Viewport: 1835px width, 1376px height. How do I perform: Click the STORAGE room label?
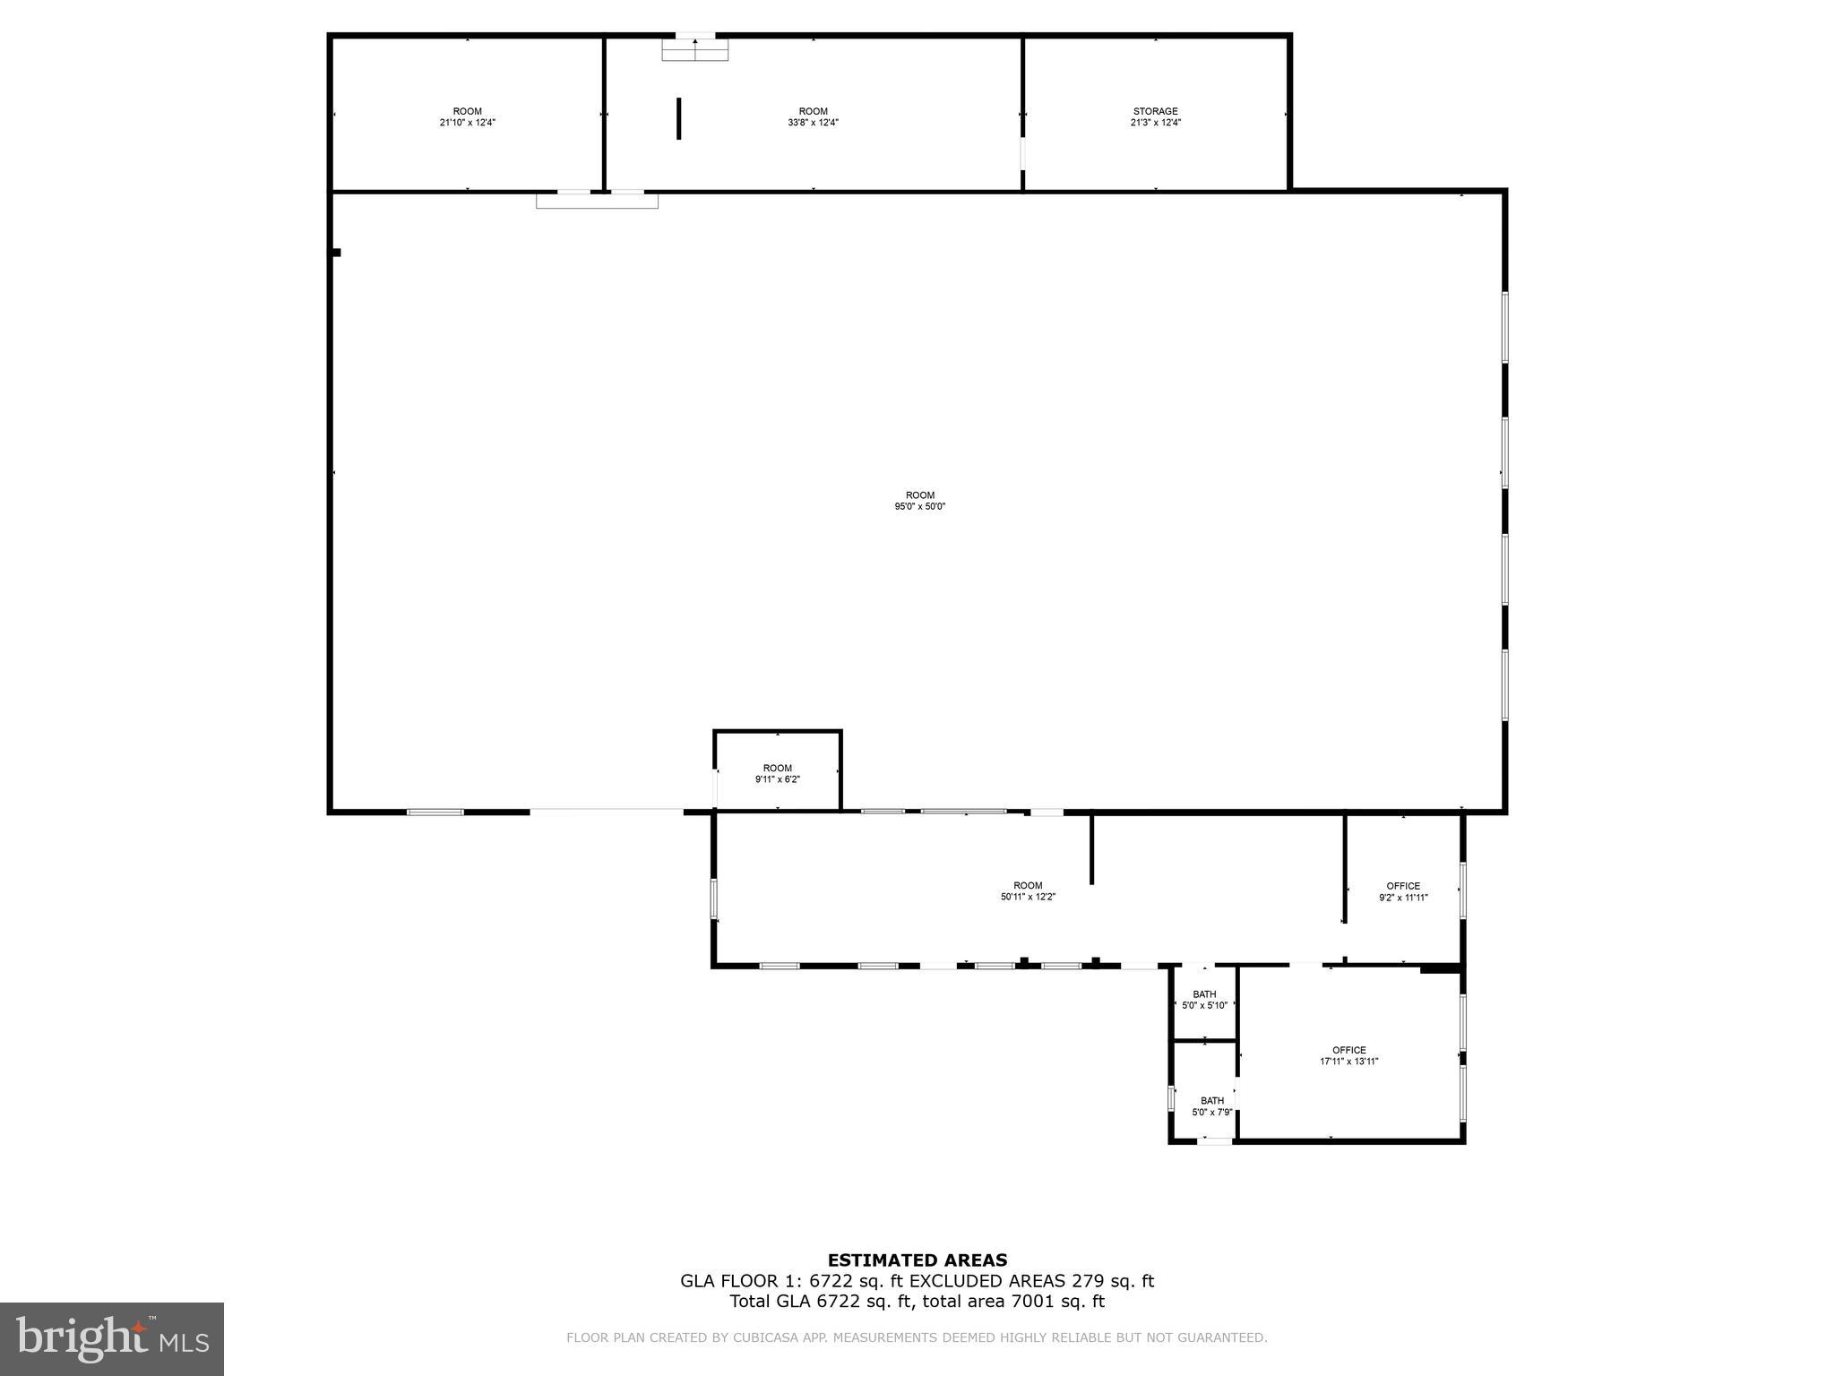[1155, 112]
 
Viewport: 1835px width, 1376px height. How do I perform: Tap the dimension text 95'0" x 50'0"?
[919, 506]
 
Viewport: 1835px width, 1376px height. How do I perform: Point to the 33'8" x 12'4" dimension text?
[813, 123]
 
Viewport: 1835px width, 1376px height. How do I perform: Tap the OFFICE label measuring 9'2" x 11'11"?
[1402, 886]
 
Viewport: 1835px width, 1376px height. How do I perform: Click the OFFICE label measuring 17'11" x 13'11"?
[1348, 1050]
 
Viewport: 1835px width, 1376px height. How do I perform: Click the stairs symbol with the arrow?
[695, 49]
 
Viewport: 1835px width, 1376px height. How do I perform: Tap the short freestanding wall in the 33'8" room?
[679, 118]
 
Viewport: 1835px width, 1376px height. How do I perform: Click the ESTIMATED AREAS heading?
[917, 1260]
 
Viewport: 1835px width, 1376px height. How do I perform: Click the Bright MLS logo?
[112, 1338]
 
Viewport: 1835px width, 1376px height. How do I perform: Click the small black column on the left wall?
[336, 253]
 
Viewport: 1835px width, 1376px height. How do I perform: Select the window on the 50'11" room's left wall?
[714, 899]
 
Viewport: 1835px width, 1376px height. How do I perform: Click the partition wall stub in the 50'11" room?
[1091, 849]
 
